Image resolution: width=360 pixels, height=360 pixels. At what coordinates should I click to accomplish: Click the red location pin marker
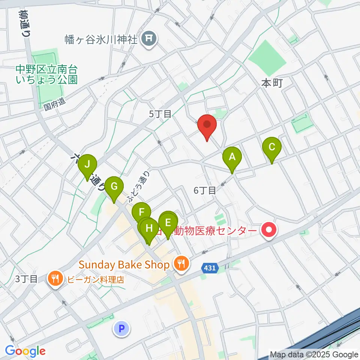[x=207, y=126]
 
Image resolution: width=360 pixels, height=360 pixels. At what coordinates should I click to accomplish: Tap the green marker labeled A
[x=232, y=157]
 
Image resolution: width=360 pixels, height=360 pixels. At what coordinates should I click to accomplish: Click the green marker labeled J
[x=87, y=165]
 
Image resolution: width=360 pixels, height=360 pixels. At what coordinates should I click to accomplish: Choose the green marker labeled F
[x=141, y=213]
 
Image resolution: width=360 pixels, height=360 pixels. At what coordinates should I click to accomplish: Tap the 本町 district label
[x=271, y=83]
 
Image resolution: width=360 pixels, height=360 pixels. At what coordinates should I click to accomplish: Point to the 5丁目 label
[x=160, y=114]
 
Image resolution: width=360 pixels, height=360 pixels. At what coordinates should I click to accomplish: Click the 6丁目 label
[x=205, y=190]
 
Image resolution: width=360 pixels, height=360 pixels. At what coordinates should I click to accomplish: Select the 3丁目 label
[x=27, y=279]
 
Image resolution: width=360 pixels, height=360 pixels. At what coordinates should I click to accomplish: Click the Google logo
[x=25, y=351]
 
